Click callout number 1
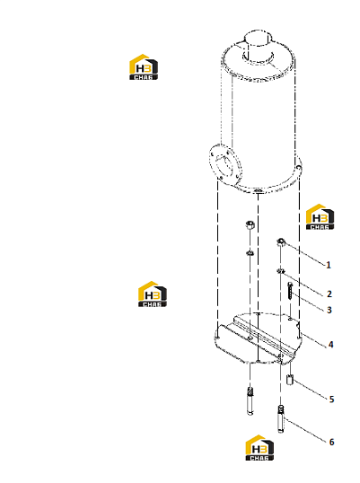[329, 265]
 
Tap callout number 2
[329, 294]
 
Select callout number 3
[329, 310]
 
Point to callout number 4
[330, 344]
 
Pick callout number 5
[331, 400]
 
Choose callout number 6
[331, 442]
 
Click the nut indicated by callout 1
[281, 241]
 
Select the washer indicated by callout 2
[280, 271]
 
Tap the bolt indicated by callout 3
[291, 291]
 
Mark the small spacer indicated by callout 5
[290, 380]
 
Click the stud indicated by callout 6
[281, 419]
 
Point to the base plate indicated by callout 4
[258, 338]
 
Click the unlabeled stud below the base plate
[250, 401]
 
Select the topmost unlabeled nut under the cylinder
[250, 224]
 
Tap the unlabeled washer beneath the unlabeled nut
[250, 253]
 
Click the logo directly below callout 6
[259, 448]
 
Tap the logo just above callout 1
[320, 216]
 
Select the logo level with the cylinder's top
[144, 67]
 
